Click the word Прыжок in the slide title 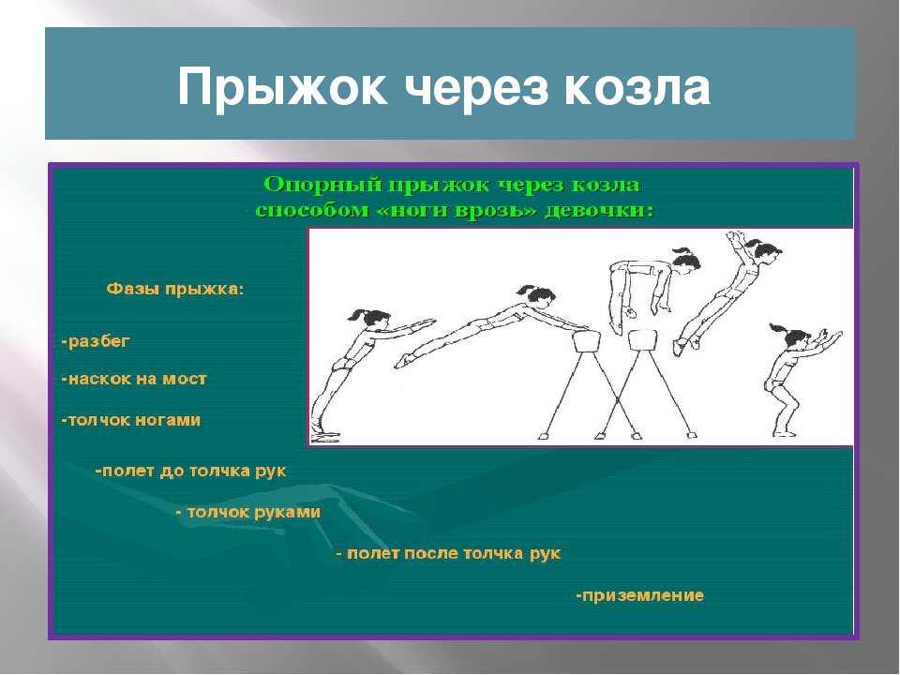click(x=282, y=87)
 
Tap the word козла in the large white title click(x=637, y=87)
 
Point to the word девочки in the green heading click(x=599, y=211)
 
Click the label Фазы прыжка click(x=175, y=289)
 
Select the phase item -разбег click(x=96, y=341)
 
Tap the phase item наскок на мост click(x=134, y=379)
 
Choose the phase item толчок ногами click(x=131, y=420)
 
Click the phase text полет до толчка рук click(x=190, y=472)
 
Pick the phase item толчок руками click(x=248, y=512)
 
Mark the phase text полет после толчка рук click(x=448, y=553)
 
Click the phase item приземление click(x=640, y=595)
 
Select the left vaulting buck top click(x=586, y=342)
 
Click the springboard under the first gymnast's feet click(x=325, y=439)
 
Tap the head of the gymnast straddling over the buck click(x=686, y=262)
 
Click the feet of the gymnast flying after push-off click(x=687, y=343)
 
